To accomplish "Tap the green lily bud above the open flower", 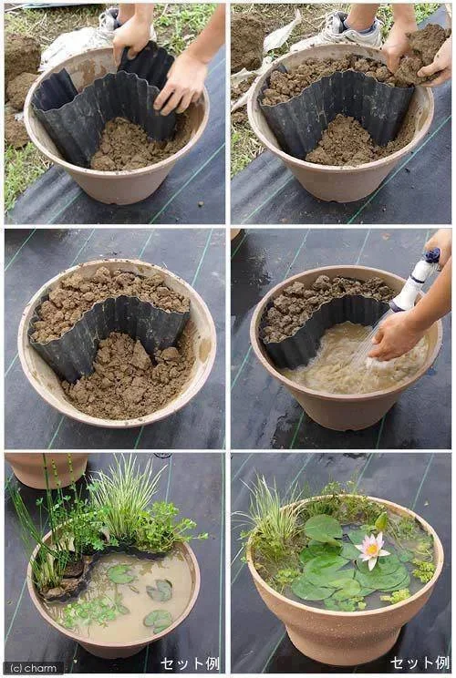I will pos(381,522).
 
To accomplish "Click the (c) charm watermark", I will pos(33,667).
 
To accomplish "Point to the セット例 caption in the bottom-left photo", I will pos(191,663).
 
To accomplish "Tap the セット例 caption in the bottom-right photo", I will pos(419,663).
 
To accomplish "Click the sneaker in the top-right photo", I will pos(350,30).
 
